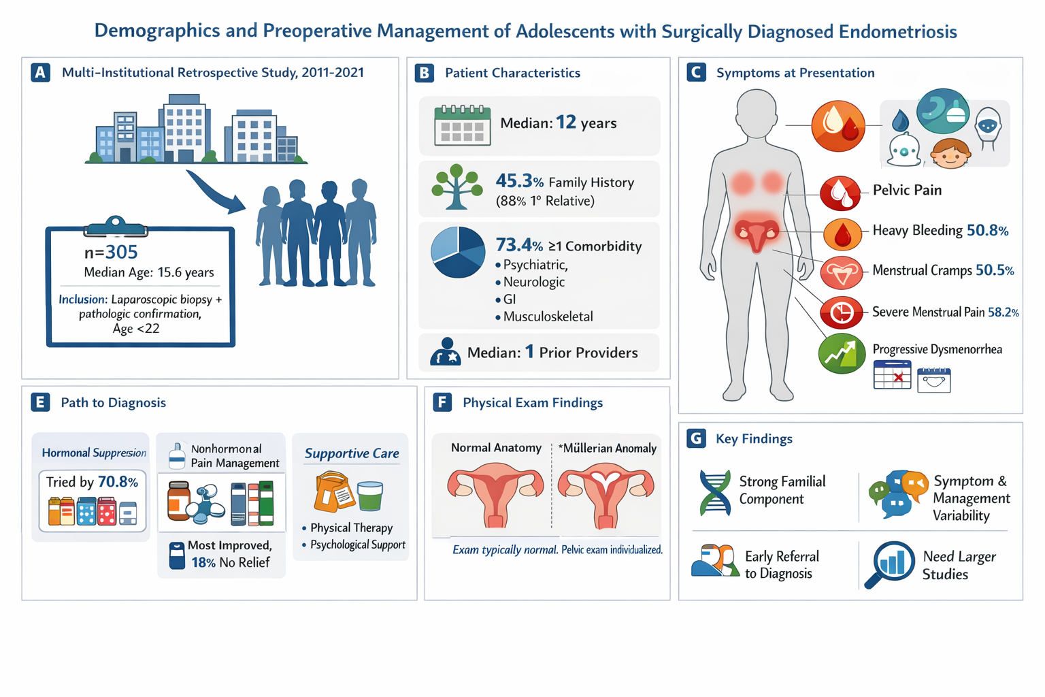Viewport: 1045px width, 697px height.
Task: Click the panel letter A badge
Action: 41,73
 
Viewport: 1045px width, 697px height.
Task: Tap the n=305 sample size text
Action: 111,253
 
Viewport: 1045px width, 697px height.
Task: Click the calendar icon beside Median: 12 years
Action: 463,125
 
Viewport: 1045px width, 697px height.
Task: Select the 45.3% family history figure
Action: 519,181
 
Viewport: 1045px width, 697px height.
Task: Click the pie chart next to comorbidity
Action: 458,253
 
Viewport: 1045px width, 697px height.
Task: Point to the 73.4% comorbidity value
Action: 519,245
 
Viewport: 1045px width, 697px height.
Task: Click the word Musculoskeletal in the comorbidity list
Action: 548,317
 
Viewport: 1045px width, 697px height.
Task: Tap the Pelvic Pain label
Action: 907,190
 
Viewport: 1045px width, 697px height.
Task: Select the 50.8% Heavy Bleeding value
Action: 987,231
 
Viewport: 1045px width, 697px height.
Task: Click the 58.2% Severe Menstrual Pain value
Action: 1003,312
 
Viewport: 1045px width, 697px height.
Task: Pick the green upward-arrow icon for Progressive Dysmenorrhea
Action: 841,353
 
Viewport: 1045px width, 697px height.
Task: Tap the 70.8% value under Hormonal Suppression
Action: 118,482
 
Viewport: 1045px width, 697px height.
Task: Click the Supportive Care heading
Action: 352,453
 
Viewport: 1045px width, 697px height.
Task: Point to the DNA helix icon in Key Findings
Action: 715,492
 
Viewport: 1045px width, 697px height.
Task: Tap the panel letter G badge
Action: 696,438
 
